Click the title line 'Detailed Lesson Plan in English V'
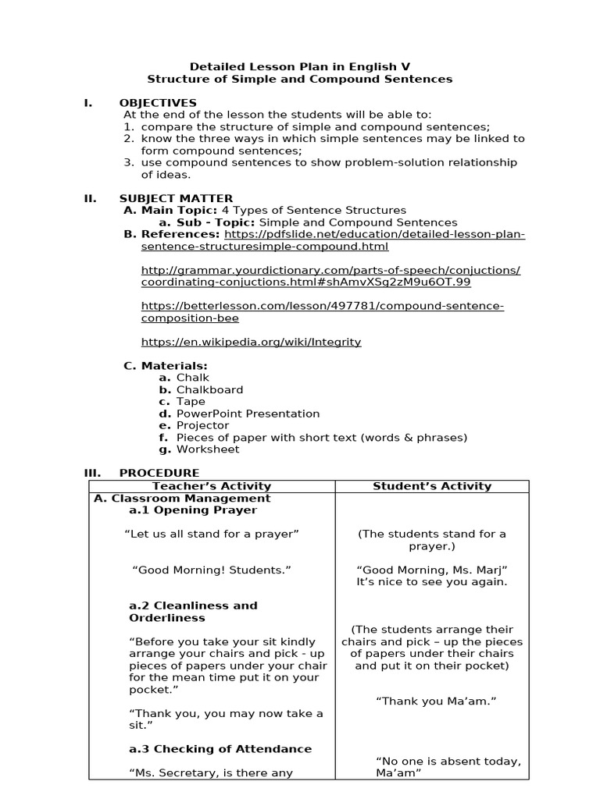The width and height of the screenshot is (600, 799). (x=300, y=66)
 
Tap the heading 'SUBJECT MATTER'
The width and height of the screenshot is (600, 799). (x=176, y=198)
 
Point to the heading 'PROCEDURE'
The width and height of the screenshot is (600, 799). (x=159, y=473)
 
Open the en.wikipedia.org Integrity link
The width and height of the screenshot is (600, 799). (x=251, y=342)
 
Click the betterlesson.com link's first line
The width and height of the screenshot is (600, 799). (x=322, y=306)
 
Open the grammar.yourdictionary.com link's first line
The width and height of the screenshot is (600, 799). (x=330, y=270)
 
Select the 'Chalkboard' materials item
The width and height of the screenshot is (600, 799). (x=209, y=389)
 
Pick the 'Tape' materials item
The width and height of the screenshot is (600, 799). (x=191, y=401)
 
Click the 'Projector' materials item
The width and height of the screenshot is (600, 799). (x=202, y=425)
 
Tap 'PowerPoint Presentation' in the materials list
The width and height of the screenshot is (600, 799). (x=248, y=414)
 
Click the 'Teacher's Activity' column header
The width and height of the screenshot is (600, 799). (x=212, y=486)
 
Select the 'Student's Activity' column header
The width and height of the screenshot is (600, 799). (x=432, y=486)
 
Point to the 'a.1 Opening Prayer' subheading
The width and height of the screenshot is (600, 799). (x=193, y=510)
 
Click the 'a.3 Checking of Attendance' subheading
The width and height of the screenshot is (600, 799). (x=220, y=749)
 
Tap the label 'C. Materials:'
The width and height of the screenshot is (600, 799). (x=166, y=365)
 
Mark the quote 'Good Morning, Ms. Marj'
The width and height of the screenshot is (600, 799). (x=432, y=570)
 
